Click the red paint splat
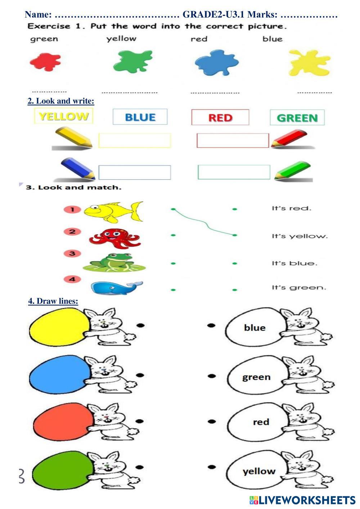point(45,62)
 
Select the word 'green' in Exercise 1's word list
point(44,39)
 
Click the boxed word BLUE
point(140,117)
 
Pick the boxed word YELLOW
point(63,116)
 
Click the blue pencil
point(77,168)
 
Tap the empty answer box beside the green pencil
point(234,172)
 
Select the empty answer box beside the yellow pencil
point(134,140)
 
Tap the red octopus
point(114,238)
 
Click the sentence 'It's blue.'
point(294,263)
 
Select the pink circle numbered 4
point(72,279)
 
